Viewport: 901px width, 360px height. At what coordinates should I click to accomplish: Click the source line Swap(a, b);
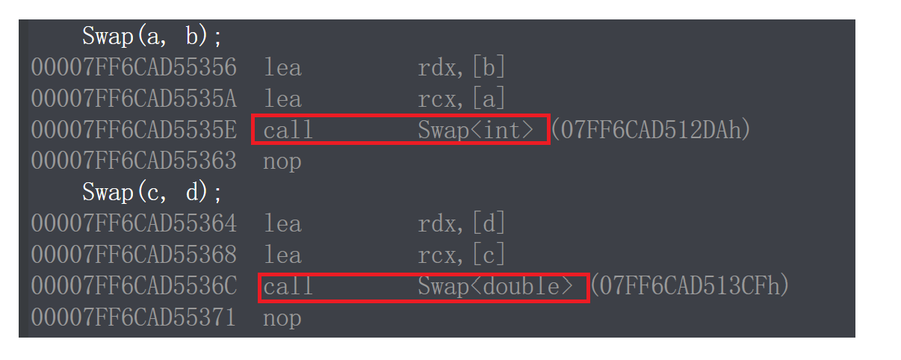point(152,37)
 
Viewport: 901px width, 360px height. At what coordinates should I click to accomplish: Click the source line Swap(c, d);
point(152,193)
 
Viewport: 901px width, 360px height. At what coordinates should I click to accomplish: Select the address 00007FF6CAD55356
point(134,68)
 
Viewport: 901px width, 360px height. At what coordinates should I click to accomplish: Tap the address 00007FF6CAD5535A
point(134,99)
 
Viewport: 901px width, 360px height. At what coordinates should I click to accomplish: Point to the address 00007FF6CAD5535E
point(134,131)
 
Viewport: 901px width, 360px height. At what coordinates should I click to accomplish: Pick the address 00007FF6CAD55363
point(134,161)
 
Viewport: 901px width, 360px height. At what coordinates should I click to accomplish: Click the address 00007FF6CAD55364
point(134,223)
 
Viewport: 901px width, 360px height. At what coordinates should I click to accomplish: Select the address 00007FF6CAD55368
point(134,255)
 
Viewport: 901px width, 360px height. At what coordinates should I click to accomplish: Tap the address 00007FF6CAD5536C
point(134,286)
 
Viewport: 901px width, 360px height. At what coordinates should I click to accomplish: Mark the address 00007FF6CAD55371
point(134,317)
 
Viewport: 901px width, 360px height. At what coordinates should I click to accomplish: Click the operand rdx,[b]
point(462,68)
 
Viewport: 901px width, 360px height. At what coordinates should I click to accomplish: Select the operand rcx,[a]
point(462,99)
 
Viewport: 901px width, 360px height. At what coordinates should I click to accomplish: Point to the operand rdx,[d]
point(462,223)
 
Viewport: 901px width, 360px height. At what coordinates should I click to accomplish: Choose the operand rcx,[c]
point(462,255)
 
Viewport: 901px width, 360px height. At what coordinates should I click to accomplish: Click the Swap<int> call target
point(476,131)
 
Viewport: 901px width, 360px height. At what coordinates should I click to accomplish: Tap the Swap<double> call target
point(495,286)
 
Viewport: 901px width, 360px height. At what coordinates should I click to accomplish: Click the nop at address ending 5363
point(282,161)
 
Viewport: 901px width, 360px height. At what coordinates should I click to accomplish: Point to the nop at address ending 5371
point(282,317)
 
